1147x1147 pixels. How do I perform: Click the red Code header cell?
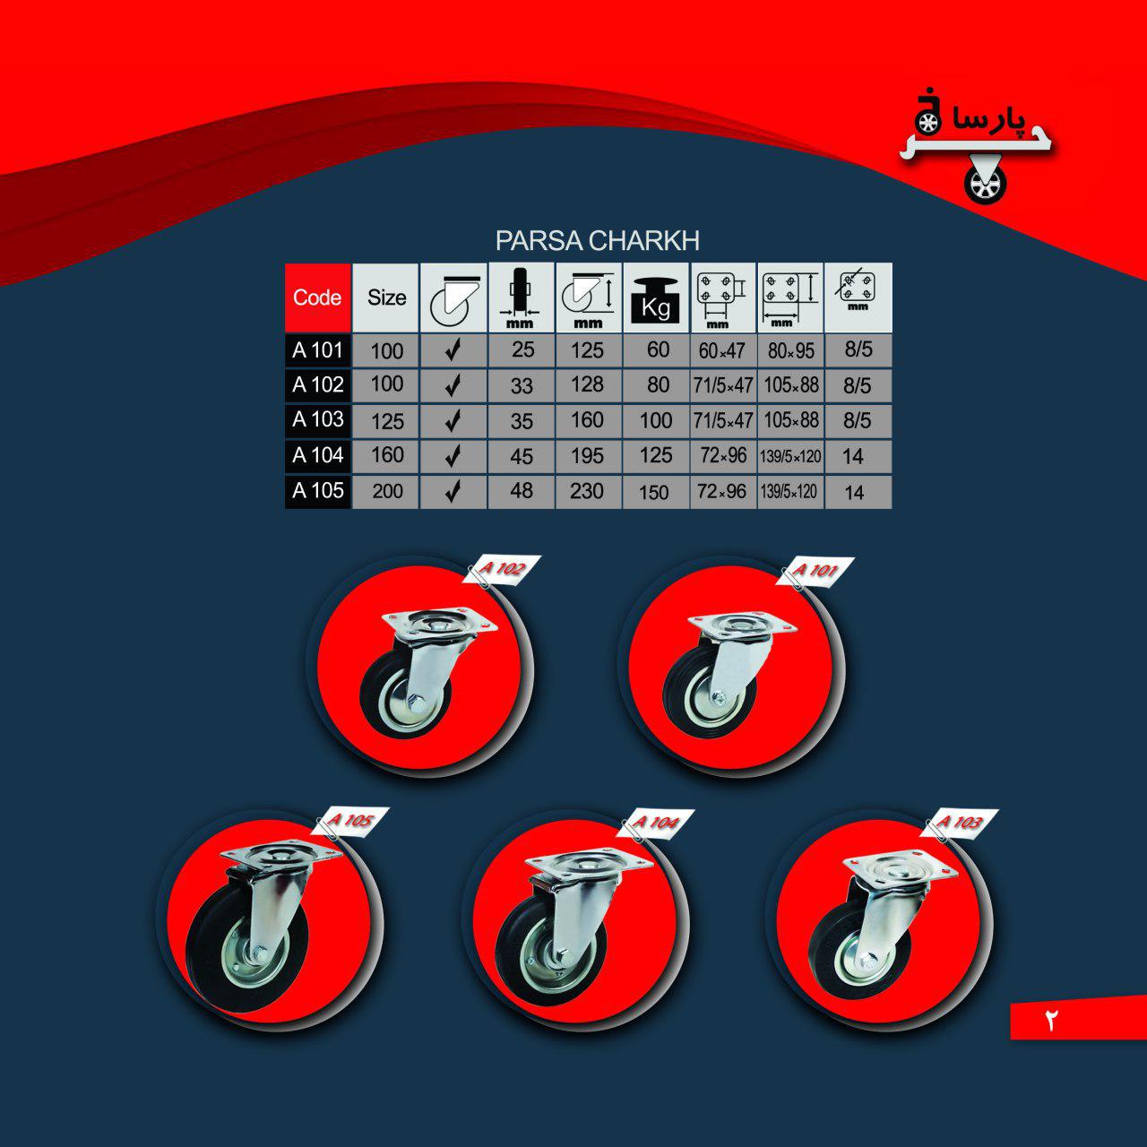coord(317,297)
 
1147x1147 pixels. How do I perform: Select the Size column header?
coord(385,297)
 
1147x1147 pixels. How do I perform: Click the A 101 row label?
coord(318,350)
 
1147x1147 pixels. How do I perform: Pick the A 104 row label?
coord(318,455)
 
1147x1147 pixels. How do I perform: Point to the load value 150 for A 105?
coord(655,492)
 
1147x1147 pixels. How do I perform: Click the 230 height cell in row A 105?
coord(587,491)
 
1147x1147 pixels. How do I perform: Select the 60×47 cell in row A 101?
coord(721,351)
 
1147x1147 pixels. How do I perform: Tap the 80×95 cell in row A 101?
coord(790,351)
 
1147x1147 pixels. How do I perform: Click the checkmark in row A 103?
coord(453,421)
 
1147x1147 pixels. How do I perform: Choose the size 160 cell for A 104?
coord(387,455)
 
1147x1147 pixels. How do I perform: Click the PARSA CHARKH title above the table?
coord(597,241)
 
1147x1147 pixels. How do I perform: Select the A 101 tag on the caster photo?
coord(817,571)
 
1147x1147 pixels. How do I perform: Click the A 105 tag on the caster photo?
coord(351,821)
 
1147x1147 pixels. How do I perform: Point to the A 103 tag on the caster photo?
coord(962,823)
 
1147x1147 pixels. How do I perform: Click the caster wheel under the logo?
coord(987,185)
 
